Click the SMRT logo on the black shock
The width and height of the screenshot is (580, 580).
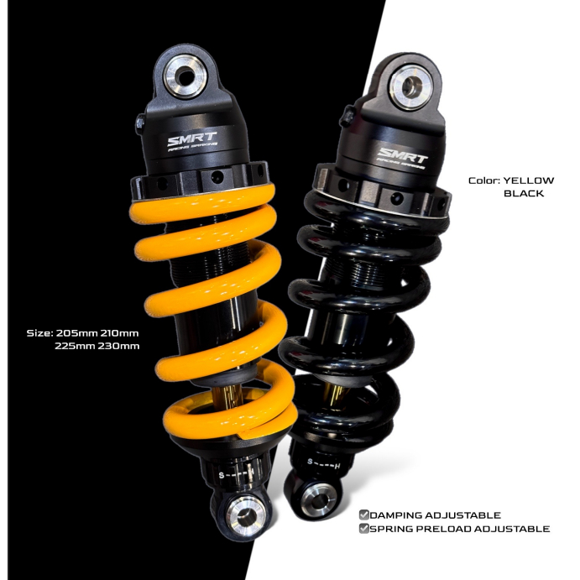[403, 155]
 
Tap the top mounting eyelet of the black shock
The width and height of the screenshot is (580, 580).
[412, 85]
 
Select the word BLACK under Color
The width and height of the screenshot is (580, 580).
[524, 193]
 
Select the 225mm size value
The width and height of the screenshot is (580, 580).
[76, 345]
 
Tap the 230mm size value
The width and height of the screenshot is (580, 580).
[119, 345]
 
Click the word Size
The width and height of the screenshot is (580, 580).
[39, 332]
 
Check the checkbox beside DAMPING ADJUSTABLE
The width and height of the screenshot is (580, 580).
[363, 515]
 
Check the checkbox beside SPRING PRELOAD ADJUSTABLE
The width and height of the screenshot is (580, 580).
[363, 529]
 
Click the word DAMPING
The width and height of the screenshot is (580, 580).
[399, 515]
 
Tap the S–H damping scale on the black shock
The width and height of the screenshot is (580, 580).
[323, 462]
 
